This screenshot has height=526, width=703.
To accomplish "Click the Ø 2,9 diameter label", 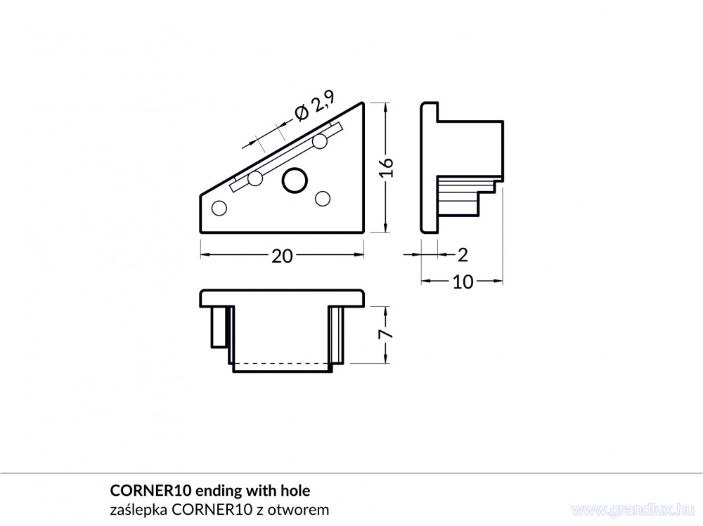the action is [315, 106].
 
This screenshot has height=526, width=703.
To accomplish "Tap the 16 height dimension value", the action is [387, 168].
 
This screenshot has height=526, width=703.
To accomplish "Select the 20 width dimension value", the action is [282, 256].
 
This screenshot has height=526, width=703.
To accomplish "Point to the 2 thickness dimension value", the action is [463, 256].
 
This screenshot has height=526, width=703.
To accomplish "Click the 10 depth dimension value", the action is [463, 282].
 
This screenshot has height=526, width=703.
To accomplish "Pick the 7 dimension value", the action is [387, 334].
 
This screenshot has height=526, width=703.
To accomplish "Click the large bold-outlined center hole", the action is [295, 181].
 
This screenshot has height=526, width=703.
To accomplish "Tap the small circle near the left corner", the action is [219, 209].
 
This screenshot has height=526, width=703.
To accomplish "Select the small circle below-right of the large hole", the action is [323, 198].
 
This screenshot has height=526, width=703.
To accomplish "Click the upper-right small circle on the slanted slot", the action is [320, 141].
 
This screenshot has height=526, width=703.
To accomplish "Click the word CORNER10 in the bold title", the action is [148, 491].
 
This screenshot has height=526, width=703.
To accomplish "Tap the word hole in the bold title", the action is [295, 491].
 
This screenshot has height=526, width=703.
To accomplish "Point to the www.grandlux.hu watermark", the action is [633, 509].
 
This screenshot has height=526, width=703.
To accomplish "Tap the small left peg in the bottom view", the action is [219, 327].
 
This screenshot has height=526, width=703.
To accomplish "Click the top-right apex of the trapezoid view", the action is [363, 103].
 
